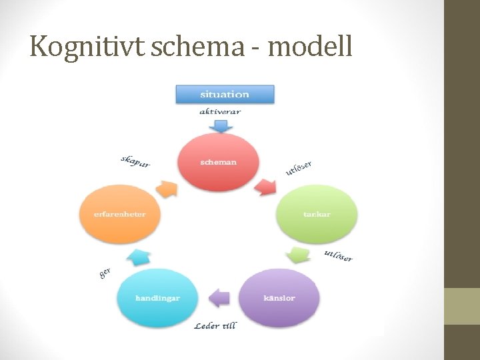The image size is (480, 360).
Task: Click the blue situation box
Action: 225,95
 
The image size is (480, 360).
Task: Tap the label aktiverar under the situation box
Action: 220,112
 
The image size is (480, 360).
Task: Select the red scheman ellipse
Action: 218,162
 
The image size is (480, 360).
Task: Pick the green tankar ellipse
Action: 317,215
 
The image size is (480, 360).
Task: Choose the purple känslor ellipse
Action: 279,297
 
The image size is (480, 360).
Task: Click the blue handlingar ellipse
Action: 157,298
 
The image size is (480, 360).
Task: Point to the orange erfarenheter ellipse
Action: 120,215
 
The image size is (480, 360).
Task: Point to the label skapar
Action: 135,161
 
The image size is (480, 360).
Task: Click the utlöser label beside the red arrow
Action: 299,168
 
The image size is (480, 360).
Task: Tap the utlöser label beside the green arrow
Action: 338,255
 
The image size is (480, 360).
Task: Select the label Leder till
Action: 215,325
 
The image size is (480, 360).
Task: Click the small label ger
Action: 105,273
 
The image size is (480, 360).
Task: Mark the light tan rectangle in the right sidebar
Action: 462,306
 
